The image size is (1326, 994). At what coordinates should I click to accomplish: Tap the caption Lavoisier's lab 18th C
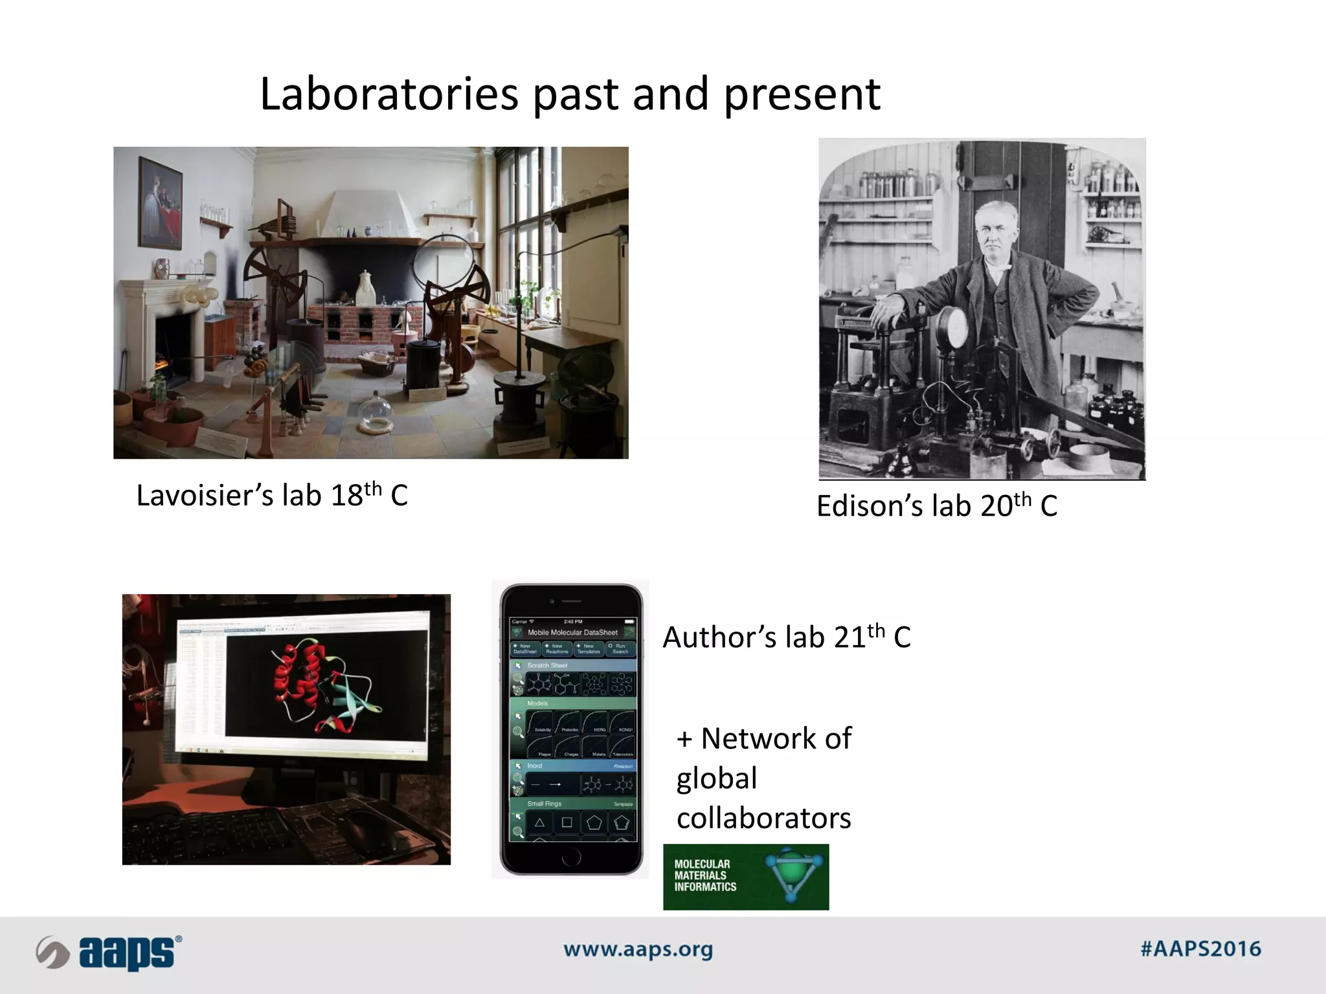pyautogui.click(x=271, y=496)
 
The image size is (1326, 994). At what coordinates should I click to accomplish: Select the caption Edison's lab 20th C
pyautogui.click(x=936, y=506)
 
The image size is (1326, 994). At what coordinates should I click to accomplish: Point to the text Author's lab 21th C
pyautogui.click(x=786, y=637)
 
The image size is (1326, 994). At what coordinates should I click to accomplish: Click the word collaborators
pyautogui.click(x=763, y=819)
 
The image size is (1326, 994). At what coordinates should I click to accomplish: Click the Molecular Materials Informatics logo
pyautogui.click(x=745, y=877)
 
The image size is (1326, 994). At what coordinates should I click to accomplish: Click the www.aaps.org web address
pyautogui.click(x=638, y=950)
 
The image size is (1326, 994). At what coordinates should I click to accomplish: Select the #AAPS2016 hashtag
pyautogui.click(x=1200, y=949)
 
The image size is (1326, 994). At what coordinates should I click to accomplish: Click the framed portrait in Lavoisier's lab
pyautogui.click(x=160, y=203)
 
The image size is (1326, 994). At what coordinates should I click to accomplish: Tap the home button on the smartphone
pyautogui.click(x=571, y=858)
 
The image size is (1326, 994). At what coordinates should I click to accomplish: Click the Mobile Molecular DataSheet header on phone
pyautogui.click(x=572, y=632)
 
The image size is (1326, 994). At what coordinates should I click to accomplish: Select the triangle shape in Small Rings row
pyautogui.click(x=539, y=823)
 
